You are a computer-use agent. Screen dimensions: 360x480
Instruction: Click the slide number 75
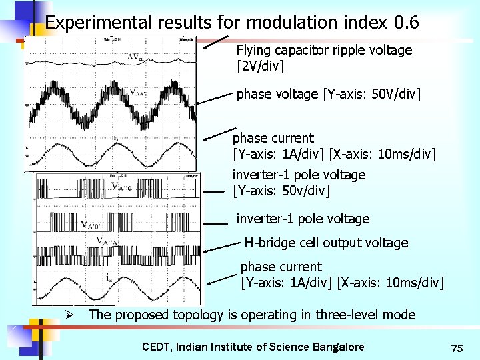pyautogui.click(x=457, y=349)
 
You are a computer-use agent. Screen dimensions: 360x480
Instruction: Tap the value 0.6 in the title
pyautogui.click(x=406, y=23)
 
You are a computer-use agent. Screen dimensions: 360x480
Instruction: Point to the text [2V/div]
pyautogui.click(x=261, y=67)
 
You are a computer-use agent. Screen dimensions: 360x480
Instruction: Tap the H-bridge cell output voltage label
pyautogui.click(x=326, y=243)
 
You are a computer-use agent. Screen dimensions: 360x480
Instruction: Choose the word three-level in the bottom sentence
pyautogui.click(x=347, y=315)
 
